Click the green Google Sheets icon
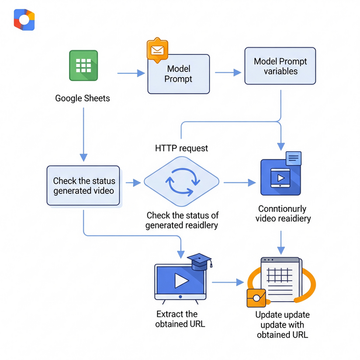[83, 65]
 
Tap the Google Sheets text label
[83, 98]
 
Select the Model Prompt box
[179, 74]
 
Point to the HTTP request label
[181, 148]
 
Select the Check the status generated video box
[83, 186]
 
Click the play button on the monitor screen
[181, 281]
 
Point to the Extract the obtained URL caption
[178, 319]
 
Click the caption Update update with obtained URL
[282, 325]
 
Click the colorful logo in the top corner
[24, 20]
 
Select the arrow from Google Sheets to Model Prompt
[131, 73]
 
